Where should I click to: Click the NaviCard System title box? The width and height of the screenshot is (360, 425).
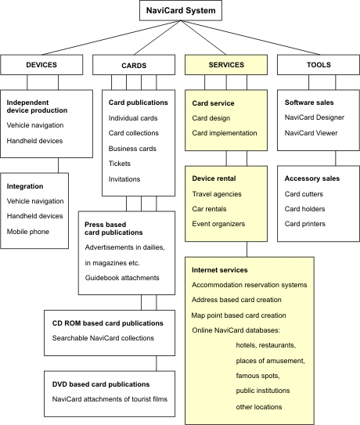pyautogui.click(x=181, y=11)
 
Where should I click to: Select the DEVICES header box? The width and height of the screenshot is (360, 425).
pyautogui.click(x=41, y=65)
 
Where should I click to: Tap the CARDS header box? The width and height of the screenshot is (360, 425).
pyautogui.click(x=134, y=65)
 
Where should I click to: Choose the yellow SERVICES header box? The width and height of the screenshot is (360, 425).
pyautogui.click(x=226, y=65)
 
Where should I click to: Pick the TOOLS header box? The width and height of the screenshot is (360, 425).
pyautogui.click(x=319, y=65)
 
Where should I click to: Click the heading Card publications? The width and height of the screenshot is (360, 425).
pyautogui.click(x=139, y=103)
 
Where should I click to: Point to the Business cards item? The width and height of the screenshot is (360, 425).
pyautogui.click(x=132, y=149)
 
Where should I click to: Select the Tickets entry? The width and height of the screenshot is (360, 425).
pyautogui.click(x=120, y=164)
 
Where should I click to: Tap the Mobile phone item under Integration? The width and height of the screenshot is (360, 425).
pyautogui.click(x=28, y=232)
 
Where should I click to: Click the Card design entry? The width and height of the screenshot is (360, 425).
pyautogui.click(x=211, y=118)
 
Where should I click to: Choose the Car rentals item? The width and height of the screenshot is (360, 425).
pyautogui.click(x=209, y=209)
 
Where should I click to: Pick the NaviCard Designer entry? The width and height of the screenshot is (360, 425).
pyautogui.click(x=315, y=117)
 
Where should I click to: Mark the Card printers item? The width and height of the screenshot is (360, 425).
pyautogui.click(x=305, y=224)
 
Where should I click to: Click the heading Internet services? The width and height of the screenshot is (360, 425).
pyautogui.click(x=220, y=270)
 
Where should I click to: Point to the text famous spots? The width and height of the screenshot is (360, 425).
pyautogui.click(x=257, y=376)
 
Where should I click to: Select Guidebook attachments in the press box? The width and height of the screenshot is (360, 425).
pyautogui.click(x=122, y=278)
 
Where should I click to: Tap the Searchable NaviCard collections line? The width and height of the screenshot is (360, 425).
pyautogui.click(x=103, y=338)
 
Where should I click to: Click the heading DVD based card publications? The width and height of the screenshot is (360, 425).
pyautogui.click(x=101, y=384)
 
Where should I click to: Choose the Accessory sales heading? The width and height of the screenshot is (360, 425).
pyautogui.click(x=312, y=178)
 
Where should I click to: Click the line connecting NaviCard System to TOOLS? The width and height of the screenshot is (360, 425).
pyautogui.click(x=250, y=38)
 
